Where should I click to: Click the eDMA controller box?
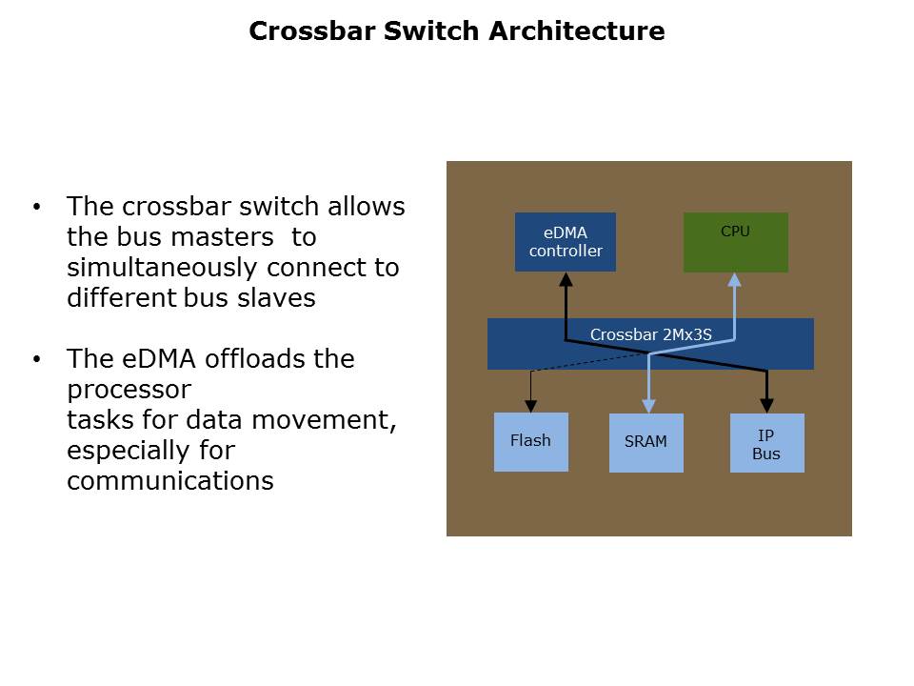pyautogui.click(x=566, y=242)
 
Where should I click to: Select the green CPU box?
pyautogui.click(x=736, y=243)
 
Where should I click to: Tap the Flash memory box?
pyautogui.click(x=530, y=441)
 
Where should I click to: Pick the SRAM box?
pyautogui.click(x=646, y=442)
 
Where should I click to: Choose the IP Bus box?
pyautogui.click(x=766, y=443)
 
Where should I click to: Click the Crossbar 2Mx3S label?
pyautogui.click(x=650, y=334)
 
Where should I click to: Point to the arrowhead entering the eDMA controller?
pyautogui.click(x=566, y=279)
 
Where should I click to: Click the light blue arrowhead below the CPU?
pyautogui.click(x=734, y=280)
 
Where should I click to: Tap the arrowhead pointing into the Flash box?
pyautogui.click(x=530, y=406)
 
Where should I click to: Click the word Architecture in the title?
pyautogui.click(x=576, y=31)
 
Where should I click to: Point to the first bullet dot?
pyautogui.click(x=37, y=207)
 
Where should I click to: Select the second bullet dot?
pyautogui.click(x=37, y=359)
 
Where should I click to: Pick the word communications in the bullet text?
pyautogui.click(x=170, y=481)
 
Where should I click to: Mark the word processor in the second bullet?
pyautogui.click(x=129, y=390)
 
